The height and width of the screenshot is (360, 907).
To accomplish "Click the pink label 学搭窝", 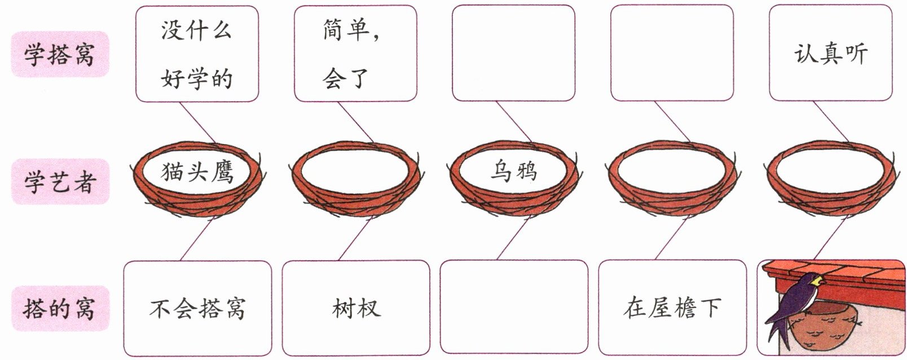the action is [x=59, y=54].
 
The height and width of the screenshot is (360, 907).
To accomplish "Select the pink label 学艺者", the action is [x=59, y=182].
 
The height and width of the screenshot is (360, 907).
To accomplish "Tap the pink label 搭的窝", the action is [x=59, y=309].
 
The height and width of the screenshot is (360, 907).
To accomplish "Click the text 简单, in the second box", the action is [x=351, y=30].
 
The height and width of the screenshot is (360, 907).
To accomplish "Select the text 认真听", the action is [x=830, y=54].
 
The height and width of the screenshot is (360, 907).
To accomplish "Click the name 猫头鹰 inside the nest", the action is [x=197, y=172].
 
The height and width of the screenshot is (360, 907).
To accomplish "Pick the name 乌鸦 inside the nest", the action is [x=513, y=171].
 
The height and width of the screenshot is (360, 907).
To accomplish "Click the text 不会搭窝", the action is [x=197, y=309].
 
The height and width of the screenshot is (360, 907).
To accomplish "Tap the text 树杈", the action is [x=356, y=309].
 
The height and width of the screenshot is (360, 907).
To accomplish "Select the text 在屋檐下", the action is [x=672, y=308].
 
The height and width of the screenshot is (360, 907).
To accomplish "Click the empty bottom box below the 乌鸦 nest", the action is [x=513, y=308].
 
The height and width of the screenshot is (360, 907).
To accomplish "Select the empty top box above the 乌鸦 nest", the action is [x=513, y=54].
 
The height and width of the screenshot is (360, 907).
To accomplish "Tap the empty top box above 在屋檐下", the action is [x=672, y=54].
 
